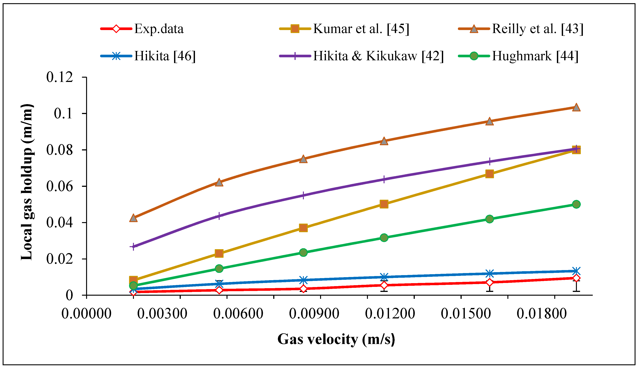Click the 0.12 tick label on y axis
pyautogui.click(x=60, y=77)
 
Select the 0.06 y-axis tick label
pyautogui.click(x=60, y=186)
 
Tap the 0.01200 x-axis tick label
pyautogui.click(x=390, y=314)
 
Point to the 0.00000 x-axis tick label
pyautogui.click(x=86, y=314)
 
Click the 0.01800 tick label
pyautogui.click(x=542, y=314)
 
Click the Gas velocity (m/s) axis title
pyautogui.click(x=336, y=339)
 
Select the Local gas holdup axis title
pyautogui.click(x=27, y=182)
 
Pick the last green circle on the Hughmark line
pyautogui.click(x=576, y=204)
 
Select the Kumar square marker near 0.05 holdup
pyautogui.click(x=384, y=204)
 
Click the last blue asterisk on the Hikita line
pyautogui.click(x=576, y=271)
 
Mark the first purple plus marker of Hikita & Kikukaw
pyautogui.click(x=133, y=247)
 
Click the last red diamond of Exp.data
pyautogui.click(x=576, y=278)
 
